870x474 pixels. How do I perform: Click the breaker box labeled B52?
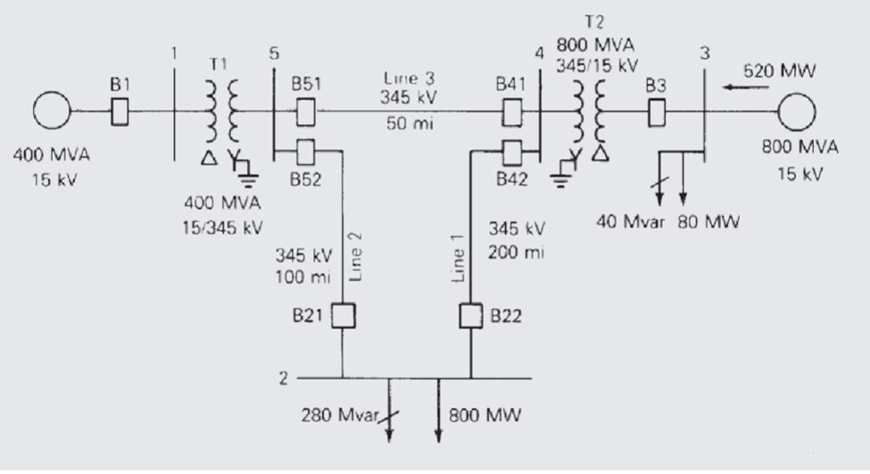[x=305, y=150]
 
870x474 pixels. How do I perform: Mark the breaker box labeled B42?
[x=513, y=150]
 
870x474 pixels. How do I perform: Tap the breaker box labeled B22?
[x=470, y=316]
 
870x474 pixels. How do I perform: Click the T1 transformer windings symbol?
[x=223, y=111]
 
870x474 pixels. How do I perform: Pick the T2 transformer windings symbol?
[x=594, y=112]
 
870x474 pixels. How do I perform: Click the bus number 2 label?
[x=283, y=378]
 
